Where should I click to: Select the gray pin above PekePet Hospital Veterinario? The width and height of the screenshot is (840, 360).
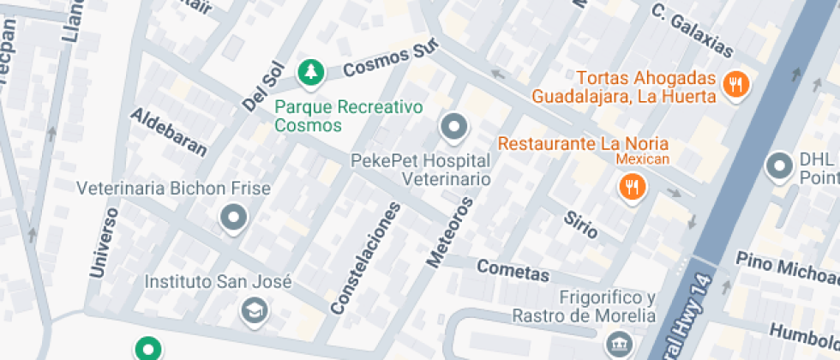(453, 129)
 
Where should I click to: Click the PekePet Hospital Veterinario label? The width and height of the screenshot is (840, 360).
(421, 170)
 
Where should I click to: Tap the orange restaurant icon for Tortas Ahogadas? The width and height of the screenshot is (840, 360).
(735, 84)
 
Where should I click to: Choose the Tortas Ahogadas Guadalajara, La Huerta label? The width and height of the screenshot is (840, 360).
(623, 86)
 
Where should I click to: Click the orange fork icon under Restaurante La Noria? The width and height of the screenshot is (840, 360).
(633, 186)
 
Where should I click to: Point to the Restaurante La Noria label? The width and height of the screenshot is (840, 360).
(583, 144)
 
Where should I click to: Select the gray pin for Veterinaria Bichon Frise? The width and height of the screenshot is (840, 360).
(233, 219)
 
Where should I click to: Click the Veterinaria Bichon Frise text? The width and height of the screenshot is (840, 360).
(173, 189)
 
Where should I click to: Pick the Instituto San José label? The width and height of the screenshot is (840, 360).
(218, 282)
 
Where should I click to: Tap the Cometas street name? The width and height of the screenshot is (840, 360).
(513, 272)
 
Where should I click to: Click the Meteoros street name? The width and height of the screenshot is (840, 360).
(448, 232)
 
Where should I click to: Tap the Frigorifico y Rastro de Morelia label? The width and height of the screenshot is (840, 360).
(583, 306)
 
